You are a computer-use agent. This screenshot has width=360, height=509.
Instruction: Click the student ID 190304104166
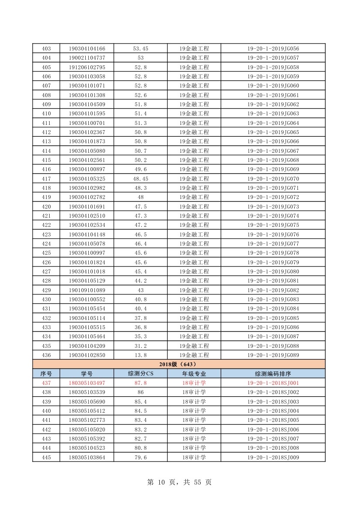click(x=87, y=48)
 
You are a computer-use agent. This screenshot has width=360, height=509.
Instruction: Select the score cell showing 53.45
click(x=140, y=48)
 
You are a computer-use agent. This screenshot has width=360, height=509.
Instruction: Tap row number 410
click(x=46, y=114)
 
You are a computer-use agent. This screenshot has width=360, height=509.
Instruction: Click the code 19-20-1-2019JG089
click(x=273, y=355)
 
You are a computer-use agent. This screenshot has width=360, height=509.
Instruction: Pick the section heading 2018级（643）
click(x=178, y=364)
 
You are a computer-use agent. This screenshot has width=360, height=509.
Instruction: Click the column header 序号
click(x=46, y=374)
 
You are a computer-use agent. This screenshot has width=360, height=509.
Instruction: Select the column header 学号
click(x=87, y=374)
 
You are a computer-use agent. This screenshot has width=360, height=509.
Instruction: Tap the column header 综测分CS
click(x=140, y=374)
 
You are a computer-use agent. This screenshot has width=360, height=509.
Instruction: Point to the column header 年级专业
click(x=194, y=374)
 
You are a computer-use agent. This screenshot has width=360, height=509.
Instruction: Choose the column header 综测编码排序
click(x=273, y=374)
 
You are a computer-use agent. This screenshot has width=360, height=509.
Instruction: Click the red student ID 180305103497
click(x=87, y=383)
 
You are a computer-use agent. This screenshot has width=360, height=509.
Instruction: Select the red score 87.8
click(x=140, y=383)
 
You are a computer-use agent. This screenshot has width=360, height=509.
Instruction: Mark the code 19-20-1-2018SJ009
click(x=273, y=457)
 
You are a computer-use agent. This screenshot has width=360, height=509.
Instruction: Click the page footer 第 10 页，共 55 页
click(x=179, y=482)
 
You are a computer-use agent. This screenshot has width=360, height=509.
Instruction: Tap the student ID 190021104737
click(x=87, y=58)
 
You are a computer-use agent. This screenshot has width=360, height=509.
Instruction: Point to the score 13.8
click(x=140, y=355)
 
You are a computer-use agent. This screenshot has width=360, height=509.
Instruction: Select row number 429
click(x=46, y=290)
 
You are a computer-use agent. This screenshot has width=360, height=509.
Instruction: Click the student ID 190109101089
click(x=87, y=290)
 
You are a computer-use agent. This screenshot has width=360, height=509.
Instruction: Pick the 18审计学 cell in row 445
click(x=194, y=457)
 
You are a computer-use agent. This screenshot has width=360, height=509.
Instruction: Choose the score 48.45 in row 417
click(x=140, y=179)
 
